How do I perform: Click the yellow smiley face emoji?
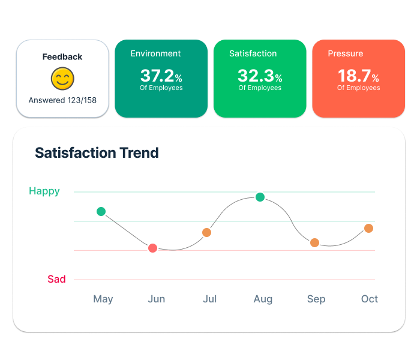click(x=62, y=79)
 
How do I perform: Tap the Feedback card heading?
click(x=62, y=57)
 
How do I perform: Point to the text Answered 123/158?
click(x=62, y=100)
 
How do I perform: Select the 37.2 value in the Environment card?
click(x=157, y=76)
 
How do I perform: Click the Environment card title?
click(x=155, y=53)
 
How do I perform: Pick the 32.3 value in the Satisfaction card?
click(x=256, y=76)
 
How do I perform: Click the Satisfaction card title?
click(x=253, y=53)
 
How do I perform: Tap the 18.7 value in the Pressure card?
click(x=354, y=76)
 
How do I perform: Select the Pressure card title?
click(x=345, y=53)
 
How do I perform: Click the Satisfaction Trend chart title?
click(x=97, y=152)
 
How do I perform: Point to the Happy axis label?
click(x=44, y=191)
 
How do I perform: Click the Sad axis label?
click(x=56, y=279)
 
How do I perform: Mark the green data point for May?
click(x=101, y=211)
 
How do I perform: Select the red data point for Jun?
click(x=152, y=248)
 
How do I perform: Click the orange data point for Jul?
click(x=206, y=232)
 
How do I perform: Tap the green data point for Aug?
click(x=260, y=197)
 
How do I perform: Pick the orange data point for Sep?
click(x=314, y=242)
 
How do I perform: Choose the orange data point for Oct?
click(x=368, y=228)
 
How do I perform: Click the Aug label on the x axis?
click(x=263, y=299)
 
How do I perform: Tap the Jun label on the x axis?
click(x=156, y=299)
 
